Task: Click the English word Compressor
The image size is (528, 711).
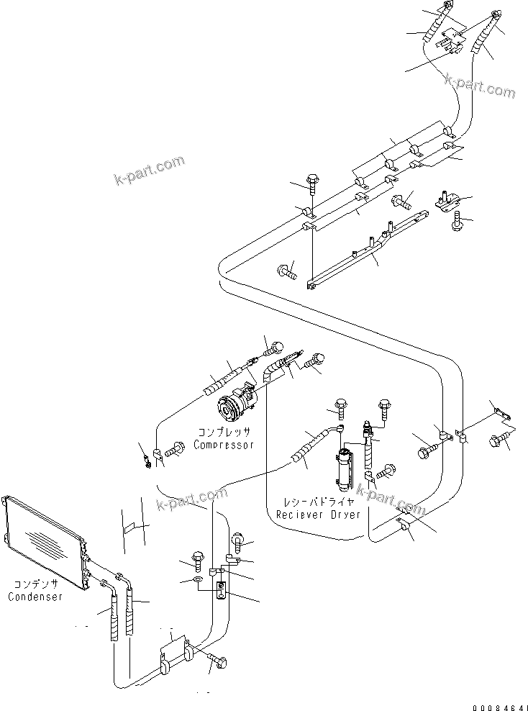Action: click(224, 445)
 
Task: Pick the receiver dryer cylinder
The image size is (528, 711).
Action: click(344, 467)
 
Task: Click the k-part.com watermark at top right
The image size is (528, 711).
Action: click(480, 86)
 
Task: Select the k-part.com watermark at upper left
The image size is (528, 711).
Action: click(149, 171)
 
